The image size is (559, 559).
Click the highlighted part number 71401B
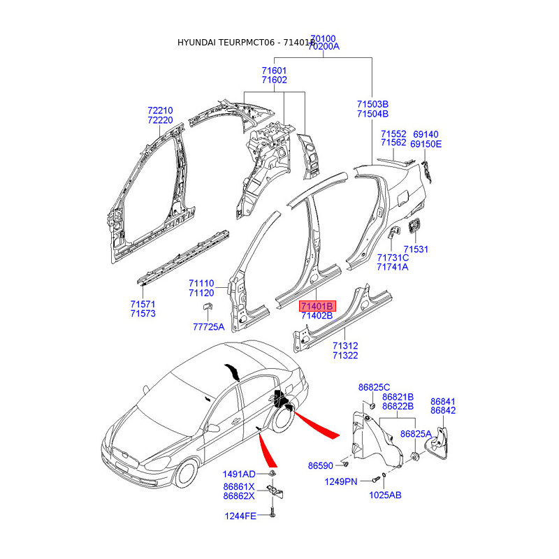317,306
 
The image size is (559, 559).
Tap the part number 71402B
317,317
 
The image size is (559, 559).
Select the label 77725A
209,327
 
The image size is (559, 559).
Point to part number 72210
160,110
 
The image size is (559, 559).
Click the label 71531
415,249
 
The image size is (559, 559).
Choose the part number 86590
322,465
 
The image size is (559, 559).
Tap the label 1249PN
341,481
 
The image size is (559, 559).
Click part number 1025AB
385,495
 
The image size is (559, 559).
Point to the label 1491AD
239,474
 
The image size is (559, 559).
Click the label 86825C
374,387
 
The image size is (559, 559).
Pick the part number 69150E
426,144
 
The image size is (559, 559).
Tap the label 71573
143,314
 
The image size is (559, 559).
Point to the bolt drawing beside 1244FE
272,516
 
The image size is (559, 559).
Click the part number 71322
345,356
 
